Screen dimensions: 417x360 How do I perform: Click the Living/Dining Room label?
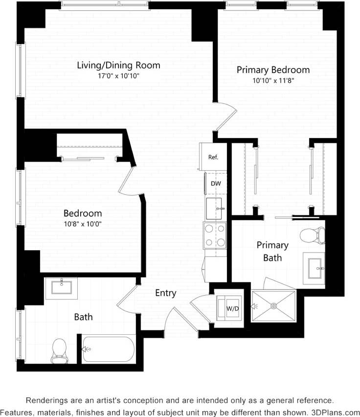[118, 65]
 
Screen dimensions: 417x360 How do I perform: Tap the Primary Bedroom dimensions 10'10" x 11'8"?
[273, 81]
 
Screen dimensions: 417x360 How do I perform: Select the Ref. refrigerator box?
[213, 157]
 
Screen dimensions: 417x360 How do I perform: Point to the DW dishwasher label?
[215, 184]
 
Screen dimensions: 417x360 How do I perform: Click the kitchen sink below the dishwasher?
[215, 209]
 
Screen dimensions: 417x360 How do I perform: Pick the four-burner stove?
[215, 235]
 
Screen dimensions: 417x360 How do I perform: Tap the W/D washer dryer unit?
[229, 308]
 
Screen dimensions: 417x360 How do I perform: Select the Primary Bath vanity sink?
[314, 268]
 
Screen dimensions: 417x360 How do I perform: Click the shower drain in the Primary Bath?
[273, 306]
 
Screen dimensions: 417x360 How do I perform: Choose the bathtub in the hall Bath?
[109, 349]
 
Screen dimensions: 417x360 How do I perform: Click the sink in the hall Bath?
[62, 288]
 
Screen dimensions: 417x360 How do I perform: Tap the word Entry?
[165, 293]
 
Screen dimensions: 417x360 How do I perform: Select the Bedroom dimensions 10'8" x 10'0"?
[83, 224]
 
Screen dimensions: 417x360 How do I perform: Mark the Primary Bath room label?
[272, 251]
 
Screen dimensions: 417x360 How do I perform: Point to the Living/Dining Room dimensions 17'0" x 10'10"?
[118, 76]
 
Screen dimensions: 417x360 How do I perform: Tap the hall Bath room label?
[83, 317]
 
